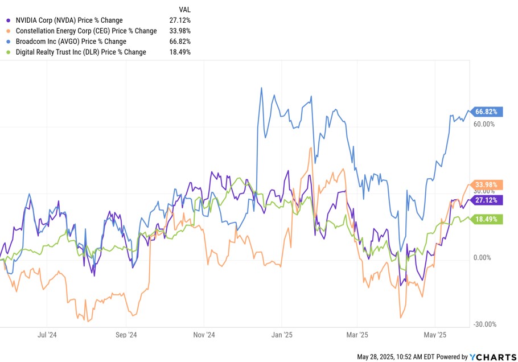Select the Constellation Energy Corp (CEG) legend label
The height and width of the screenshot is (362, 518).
(85, 31)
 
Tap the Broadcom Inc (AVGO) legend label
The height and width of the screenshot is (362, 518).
(71, 42)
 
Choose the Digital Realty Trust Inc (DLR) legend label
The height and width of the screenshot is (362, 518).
(81, 52)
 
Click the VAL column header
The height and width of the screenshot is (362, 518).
(184, 10)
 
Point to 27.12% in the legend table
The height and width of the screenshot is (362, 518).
(180, 20)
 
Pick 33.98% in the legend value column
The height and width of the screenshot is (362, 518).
(180, 31)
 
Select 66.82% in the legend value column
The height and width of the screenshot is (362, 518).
(180, 42)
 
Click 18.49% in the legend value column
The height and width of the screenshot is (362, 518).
(180, 52)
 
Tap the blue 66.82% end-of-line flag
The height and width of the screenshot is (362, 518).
(485, 112)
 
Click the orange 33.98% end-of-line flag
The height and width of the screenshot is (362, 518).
(485, 184)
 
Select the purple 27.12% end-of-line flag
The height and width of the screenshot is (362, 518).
(485, 200)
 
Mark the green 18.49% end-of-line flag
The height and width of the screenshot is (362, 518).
(485, 219)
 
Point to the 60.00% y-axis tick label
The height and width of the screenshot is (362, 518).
(484, 124)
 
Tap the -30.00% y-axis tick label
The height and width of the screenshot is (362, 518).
(484, 324)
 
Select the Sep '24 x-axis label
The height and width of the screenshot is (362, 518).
(126, 335)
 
